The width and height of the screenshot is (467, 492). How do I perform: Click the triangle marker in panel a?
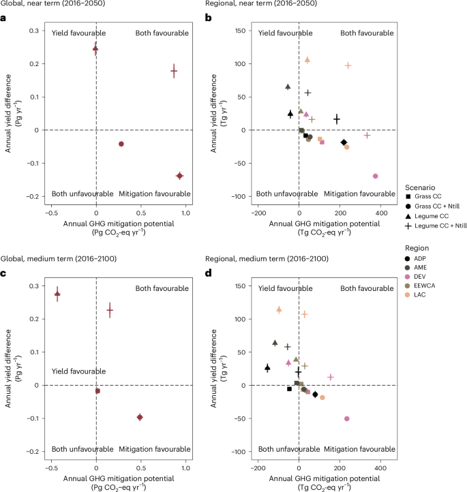click(x=95, y=48)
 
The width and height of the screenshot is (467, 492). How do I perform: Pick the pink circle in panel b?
click(x=376, y=176)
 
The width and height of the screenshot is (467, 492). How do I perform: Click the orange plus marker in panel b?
click(x=348, y=65)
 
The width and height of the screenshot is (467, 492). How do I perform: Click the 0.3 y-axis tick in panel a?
click(x=33, y=31)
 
